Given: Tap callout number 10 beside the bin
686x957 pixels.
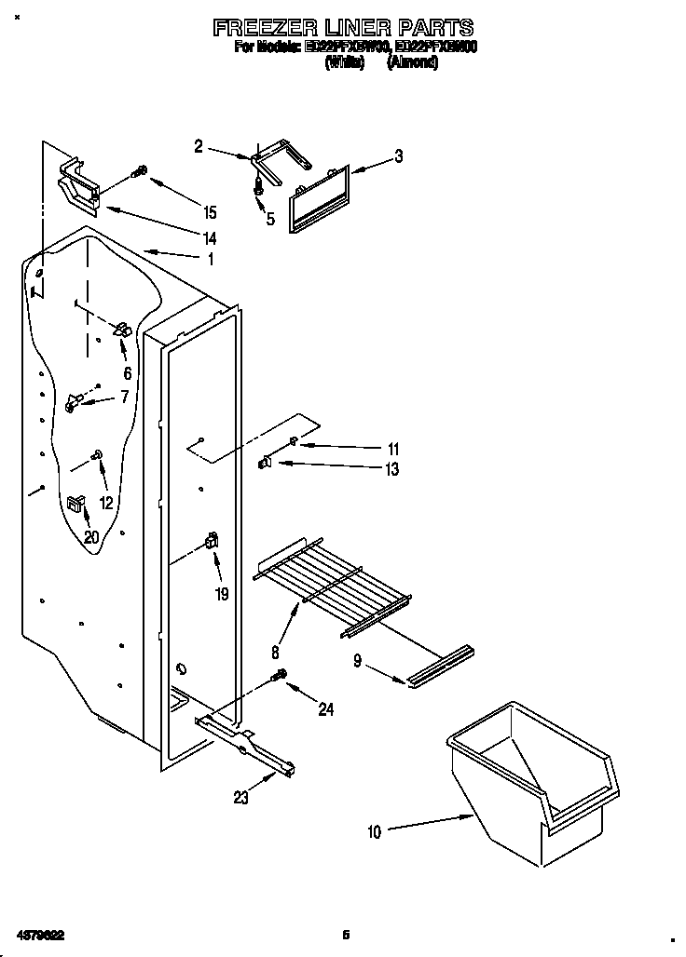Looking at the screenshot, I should point(374,832).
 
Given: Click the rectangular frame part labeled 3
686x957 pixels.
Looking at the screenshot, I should point(320,196).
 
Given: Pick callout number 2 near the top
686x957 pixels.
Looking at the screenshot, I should point(199,146).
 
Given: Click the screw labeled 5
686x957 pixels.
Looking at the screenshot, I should point(258,186).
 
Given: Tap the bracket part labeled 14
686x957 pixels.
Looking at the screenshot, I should point(80,185).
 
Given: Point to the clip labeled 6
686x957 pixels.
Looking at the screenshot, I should point(121,330).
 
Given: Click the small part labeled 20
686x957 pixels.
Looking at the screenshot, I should point(75,504).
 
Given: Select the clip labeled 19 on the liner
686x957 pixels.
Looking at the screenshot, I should point(212,541).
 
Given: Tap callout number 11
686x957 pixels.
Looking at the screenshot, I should point(393,449).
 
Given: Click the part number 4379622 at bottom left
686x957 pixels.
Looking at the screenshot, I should point(38,934).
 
